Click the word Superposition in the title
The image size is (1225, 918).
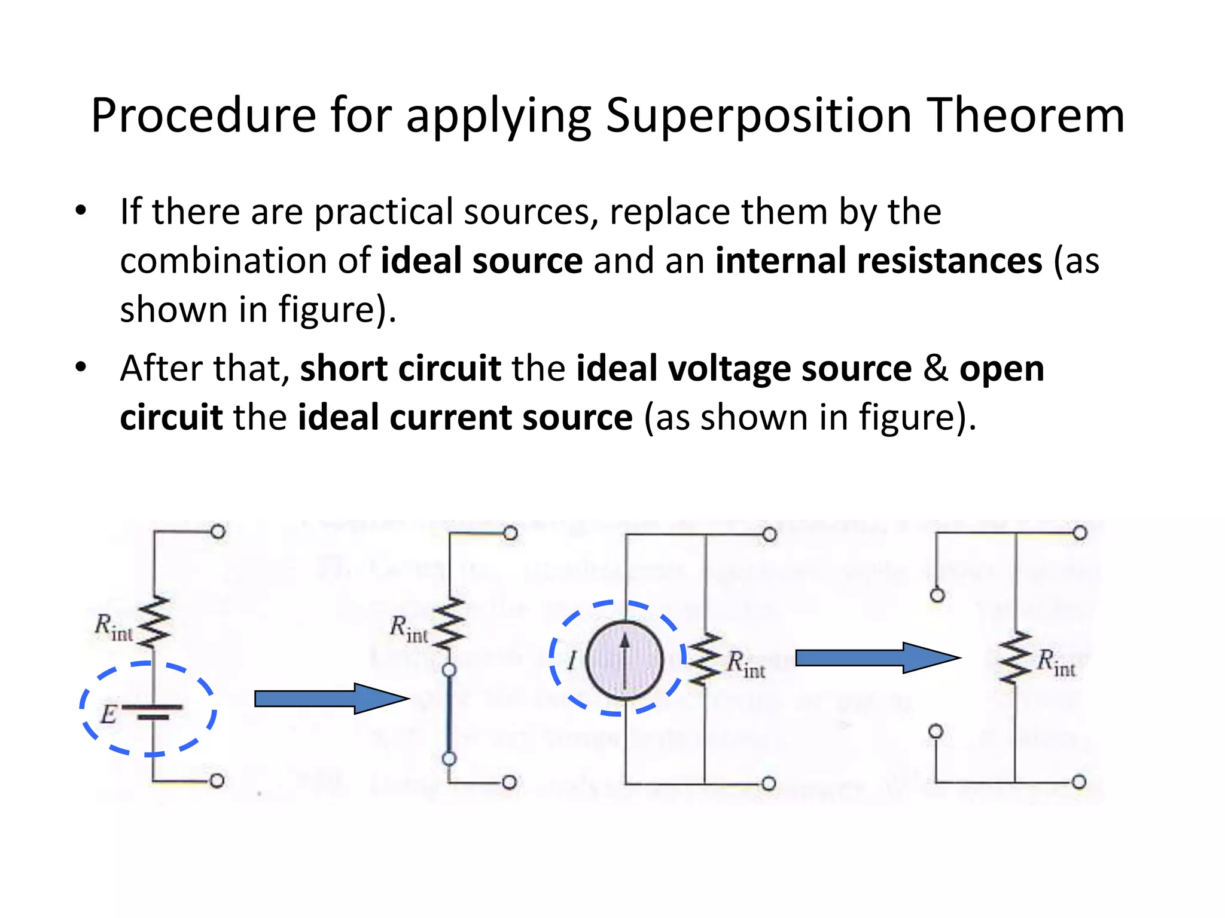pos(758,115)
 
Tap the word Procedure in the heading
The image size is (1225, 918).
pos(203,115)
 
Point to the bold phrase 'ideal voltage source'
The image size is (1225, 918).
pos(743,369)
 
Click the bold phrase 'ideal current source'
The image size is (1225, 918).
pos(465,417)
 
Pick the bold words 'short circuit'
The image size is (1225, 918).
pos(400,369)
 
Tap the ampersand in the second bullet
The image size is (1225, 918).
pos(935,369)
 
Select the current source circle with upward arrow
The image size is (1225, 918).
pos(624,660)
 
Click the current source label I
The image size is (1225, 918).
pos(572,661)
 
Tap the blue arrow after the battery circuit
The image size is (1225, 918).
pos(331,698)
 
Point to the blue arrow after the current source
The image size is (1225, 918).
pos(877,658)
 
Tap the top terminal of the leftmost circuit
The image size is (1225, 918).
pos(218,532)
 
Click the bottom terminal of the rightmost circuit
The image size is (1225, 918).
pos(1079,782)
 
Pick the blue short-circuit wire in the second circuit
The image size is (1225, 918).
pos(449,715)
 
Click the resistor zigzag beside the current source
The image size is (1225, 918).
pos(705,660)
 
